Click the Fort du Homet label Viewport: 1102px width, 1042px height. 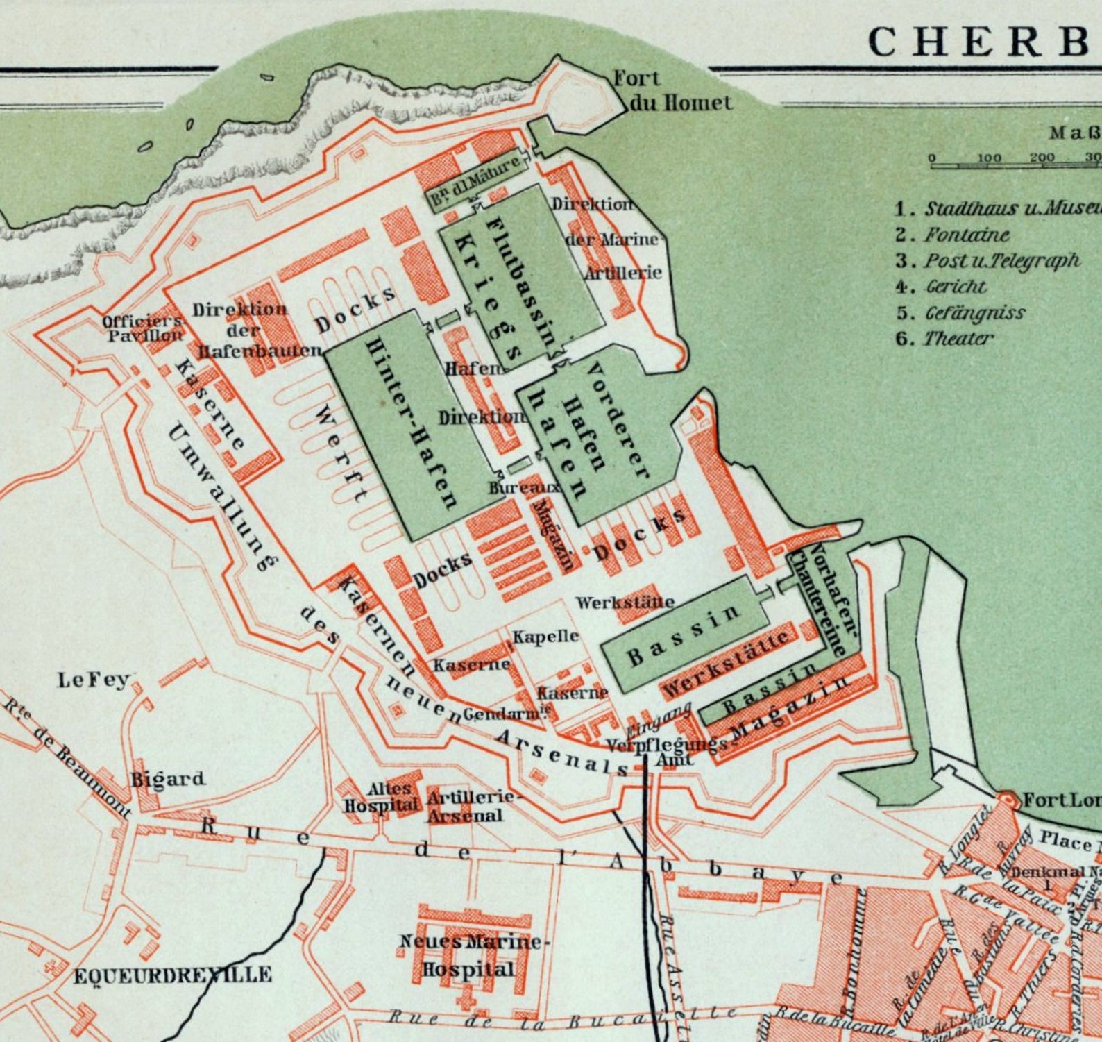click(x=672, y=91)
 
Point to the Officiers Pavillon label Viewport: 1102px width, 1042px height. click(x=144, y=328)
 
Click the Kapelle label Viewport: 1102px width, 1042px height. click(x=545, y=636)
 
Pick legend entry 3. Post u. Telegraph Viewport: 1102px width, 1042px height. click(x=987, y=260)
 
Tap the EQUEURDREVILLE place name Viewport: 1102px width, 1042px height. click(x=173, y=975)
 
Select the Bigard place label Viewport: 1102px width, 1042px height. click(x=169, y=778)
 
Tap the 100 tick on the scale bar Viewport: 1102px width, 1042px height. click(x=989, y=158)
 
